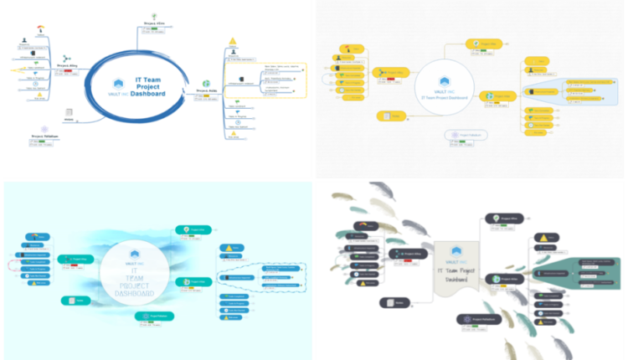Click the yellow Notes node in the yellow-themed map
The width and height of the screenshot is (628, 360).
389,115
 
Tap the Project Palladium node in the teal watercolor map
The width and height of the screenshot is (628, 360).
152,316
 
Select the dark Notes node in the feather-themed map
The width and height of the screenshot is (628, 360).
394,302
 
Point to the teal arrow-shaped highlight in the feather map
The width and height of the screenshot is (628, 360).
579,272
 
